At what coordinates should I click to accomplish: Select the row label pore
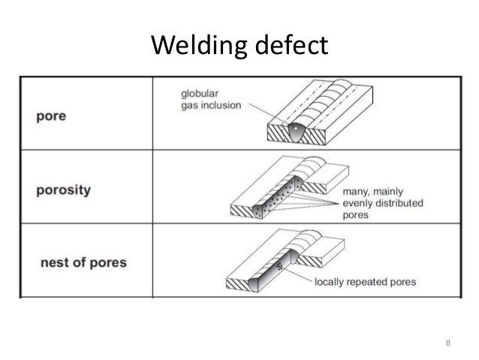[x=50, y=119]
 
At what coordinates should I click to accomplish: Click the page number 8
[x=449, y=344]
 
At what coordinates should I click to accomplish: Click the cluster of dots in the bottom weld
[x=280, y=266]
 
